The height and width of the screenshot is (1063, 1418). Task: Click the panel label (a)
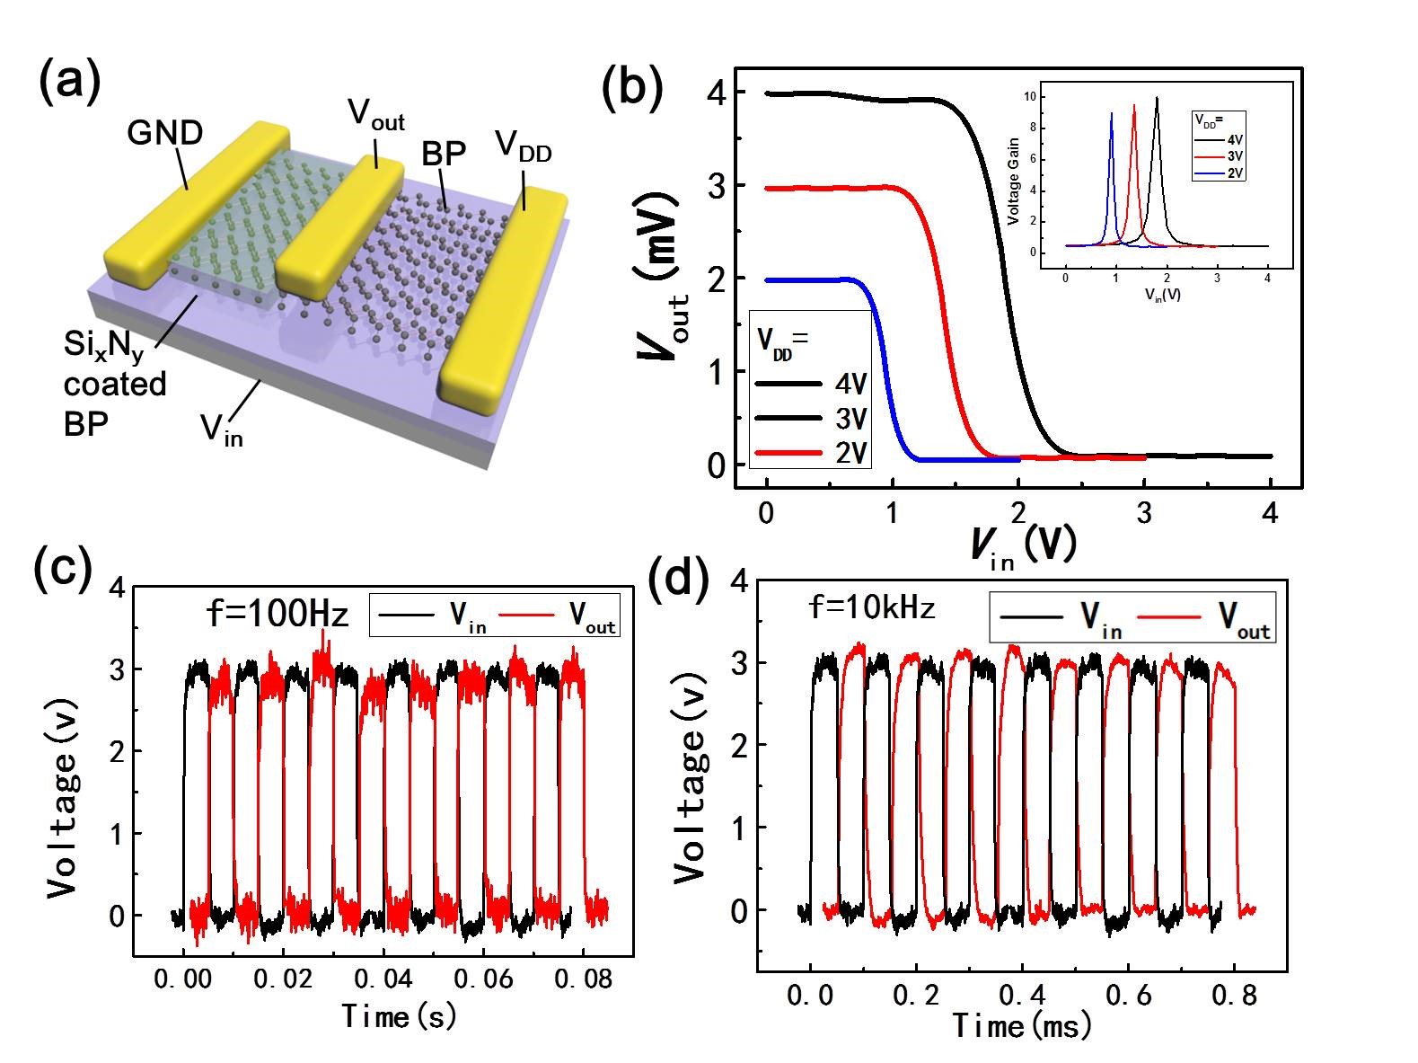coord(69,82)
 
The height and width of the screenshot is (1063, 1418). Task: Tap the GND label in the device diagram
coord(165,133)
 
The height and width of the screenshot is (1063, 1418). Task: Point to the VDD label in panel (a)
coord(523,149)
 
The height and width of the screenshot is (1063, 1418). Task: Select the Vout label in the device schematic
coord(375,115)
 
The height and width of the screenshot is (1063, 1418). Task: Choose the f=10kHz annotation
coord(872,608)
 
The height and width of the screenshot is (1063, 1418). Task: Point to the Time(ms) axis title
coord(1021,1024)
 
